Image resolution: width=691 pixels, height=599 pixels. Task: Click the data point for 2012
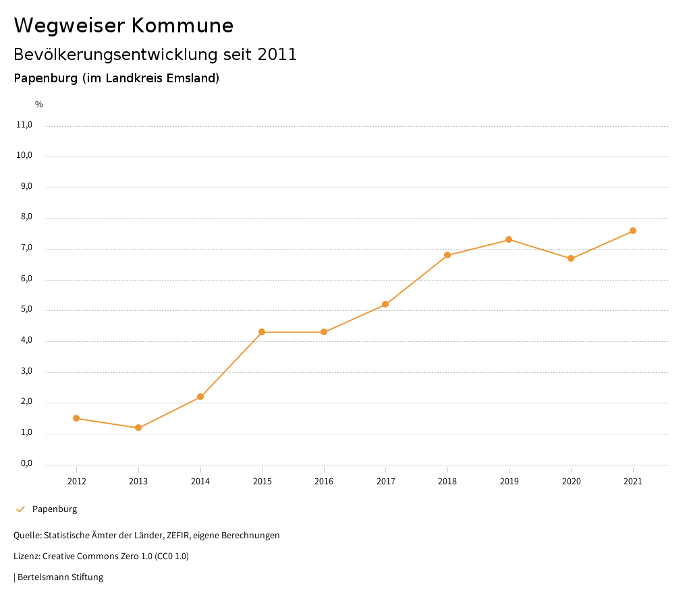pyautogui.click(x=76, y=418)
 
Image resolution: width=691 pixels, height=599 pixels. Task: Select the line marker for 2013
pyautogui.click(x=138, y=428)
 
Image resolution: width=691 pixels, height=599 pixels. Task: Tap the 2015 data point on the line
pyautogui.click(x=262, y=332)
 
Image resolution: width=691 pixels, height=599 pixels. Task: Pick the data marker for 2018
pyautogui.click(x=447, y=255)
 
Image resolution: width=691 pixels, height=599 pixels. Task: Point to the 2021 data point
pyautogui.click(x=633, y=231)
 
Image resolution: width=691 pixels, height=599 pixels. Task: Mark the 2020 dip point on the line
pyautogui.click(x=571, y=258)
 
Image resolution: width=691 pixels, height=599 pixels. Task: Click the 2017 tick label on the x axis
pyautogui.click(x=385, y=482)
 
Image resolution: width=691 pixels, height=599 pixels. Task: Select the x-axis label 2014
pyautogui.click(x=200, y=482)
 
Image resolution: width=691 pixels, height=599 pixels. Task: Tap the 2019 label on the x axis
pyautogui.click(x=509, y=482)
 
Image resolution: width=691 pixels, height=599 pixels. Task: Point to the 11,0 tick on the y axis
pyautogui.click(x=24, y=125)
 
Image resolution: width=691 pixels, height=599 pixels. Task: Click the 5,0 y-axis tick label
pyautogui.click(x=26, y=310)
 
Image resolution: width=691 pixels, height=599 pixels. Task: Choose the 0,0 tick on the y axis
pyautogui.click(x=26, y=463)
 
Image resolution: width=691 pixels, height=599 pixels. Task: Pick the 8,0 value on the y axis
pyautogui.click(x=26, y=217)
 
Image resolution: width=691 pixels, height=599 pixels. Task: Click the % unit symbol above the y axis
pyautogui.click(x=39, y=105)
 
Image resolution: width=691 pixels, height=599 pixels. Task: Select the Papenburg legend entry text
pyautogui.click(x=55, y=509)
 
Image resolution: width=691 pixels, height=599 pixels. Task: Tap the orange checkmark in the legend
pyautogui.click(x=20, y=509)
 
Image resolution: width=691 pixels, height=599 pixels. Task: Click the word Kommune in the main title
pyautogui.click(x=182, y=26)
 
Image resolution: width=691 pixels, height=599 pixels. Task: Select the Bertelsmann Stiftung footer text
pyautogui.click(x=60, y=577)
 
